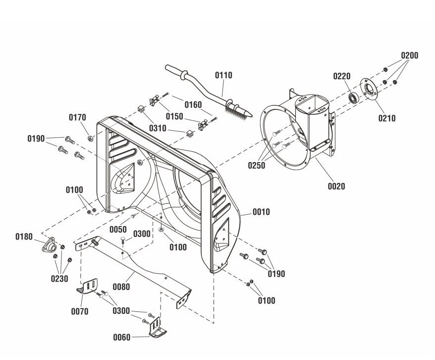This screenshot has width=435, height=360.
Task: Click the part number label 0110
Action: point(223,75)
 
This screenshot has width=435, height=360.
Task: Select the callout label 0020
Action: point(336,186)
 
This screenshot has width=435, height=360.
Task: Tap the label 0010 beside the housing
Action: point(261,212)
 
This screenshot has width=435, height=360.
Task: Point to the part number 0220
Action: point(342,76)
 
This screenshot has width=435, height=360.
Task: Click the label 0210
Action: point(387,118)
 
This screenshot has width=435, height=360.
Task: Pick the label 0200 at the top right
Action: point(409,56)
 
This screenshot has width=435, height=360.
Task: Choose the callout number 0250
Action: point(257,166)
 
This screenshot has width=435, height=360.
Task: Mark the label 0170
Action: point(77,118)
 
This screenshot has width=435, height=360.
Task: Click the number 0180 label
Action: point(24,237)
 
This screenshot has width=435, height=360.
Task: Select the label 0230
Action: point(59,279)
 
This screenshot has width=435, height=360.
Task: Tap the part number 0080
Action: point(121,287)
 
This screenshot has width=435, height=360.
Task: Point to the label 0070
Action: point(80,311)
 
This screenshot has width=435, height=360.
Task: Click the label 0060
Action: point(122,338)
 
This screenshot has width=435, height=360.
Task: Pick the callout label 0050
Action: point(118,230)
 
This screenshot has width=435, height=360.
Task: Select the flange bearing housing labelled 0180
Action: point(50,245)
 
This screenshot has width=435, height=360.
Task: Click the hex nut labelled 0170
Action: point(90,138)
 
